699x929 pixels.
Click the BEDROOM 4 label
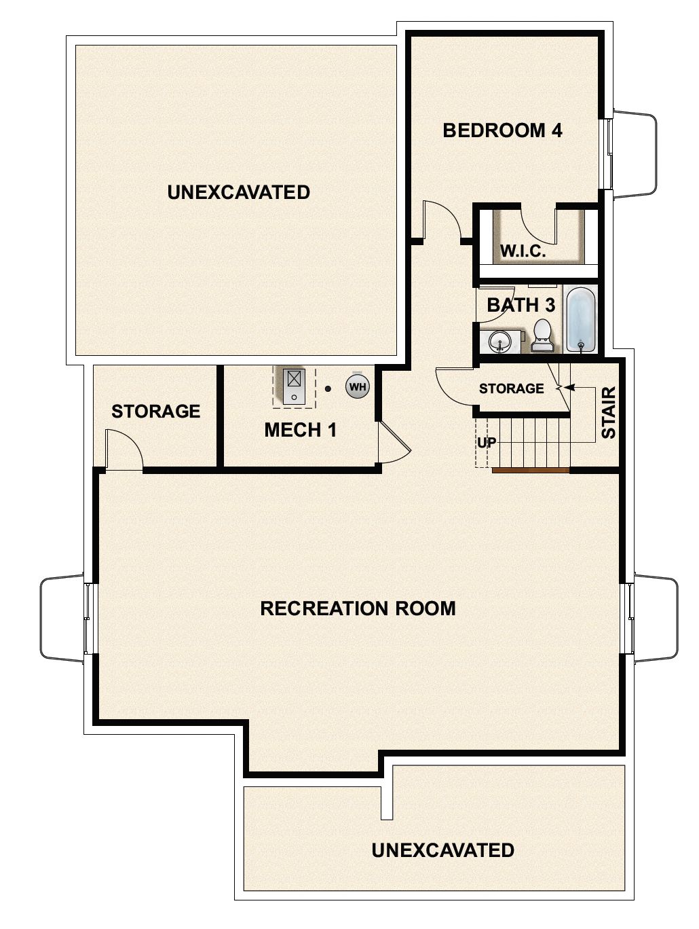[502, 130]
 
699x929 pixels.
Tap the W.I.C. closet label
[523, 251]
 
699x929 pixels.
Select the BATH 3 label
[521, 305]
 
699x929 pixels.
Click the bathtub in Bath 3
[581, 319]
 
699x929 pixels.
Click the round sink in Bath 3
[501, 340]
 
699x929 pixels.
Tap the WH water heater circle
[358, 387]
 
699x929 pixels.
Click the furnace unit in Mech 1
[295, 386]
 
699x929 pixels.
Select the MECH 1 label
[300, 430]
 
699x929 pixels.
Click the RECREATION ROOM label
[358, 608]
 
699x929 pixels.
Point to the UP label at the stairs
[487, 442]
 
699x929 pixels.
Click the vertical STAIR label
[609, 412]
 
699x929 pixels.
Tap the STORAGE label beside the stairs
[511, 388]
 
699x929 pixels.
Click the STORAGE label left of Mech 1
[155, 411]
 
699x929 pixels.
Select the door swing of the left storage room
[124, 448]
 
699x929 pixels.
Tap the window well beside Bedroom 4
[635, 156]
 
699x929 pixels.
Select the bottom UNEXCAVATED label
[442, 850]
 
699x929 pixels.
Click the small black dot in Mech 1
[328, 389]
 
